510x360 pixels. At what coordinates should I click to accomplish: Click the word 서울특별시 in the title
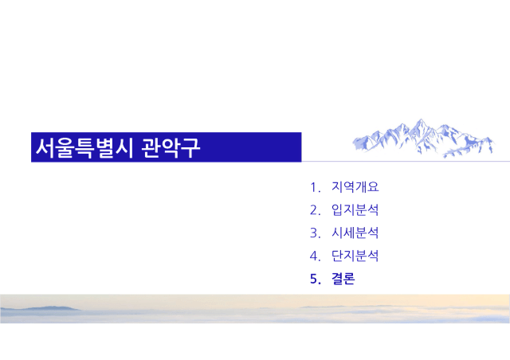point(84,147)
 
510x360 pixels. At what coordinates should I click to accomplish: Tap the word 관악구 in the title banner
point(171,147)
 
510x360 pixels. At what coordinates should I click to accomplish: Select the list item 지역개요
point(355,187)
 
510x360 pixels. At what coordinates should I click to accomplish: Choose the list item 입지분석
point(355,209)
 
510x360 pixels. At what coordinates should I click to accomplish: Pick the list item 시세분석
point(355,233)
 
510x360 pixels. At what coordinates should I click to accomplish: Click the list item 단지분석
point(355,256)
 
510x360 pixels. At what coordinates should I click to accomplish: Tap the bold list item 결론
point(343,279)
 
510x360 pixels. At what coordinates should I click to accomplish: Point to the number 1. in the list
point(316,188)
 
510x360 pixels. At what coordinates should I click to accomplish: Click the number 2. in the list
point(316,210)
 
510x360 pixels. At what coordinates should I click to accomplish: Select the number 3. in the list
point(316,233)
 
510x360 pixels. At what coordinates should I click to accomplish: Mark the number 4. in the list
point(316,256)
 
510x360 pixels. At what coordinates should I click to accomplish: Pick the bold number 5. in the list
point(316,279)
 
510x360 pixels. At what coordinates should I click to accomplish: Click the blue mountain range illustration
point(423,139)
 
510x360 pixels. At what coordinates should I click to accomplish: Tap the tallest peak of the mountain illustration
point(421,119)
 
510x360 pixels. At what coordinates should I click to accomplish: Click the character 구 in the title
point(190,147)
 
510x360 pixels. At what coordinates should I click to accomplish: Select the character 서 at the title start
point(45,147)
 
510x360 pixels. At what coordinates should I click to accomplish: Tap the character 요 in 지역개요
point(374,187)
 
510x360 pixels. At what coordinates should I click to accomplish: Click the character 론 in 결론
point(349,279)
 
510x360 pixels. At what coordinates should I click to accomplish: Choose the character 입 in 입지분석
point(337,209)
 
